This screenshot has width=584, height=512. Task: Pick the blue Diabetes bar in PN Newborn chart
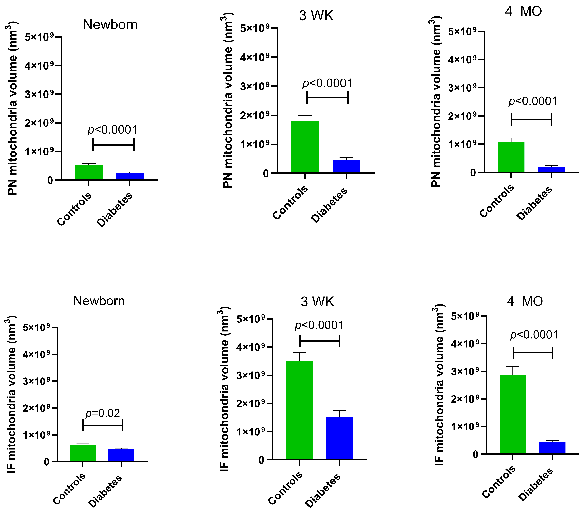(130, 176)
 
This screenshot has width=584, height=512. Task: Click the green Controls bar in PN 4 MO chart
(511, 157)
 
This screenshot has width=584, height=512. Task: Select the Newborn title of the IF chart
(99, 301)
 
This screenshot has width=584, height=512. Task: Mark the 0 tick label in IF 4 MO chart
(475, 454)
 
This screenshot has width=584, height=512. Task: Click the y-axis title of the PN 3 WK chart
(228, 100)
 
